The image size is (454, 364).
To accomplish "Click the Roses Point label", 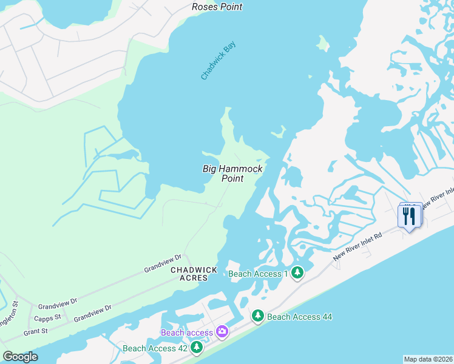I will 217,7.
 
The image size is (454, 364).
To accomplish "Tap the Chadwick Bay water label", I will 218,61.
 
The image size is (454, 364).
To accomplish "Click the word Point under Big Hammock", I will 232,178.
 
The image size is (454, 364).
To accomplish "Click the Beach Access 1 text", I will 258,274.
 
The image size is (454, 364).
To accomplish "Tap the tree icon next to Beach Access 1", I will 297,273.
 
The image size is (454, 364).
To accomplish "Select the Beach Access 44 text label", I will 299,317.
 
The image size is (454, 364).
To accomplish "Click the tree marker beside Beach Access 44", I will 258,316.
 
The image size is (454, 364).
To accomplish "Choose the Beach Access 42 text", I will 155,348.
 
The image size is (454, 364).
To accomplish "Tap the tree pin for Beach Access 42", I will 196,348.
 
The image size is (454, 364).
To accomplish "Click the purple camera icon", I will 222,331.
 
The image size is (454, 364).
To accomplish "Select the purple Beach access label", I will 186,332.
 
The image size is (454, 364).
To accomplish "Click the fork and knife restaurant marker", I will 408,215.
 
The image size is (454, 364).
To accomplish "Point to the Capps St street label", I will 48,317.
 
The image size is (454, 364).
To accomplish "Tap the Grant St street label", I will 35,332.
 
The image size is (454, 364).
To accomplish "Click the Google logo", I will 20,357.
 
